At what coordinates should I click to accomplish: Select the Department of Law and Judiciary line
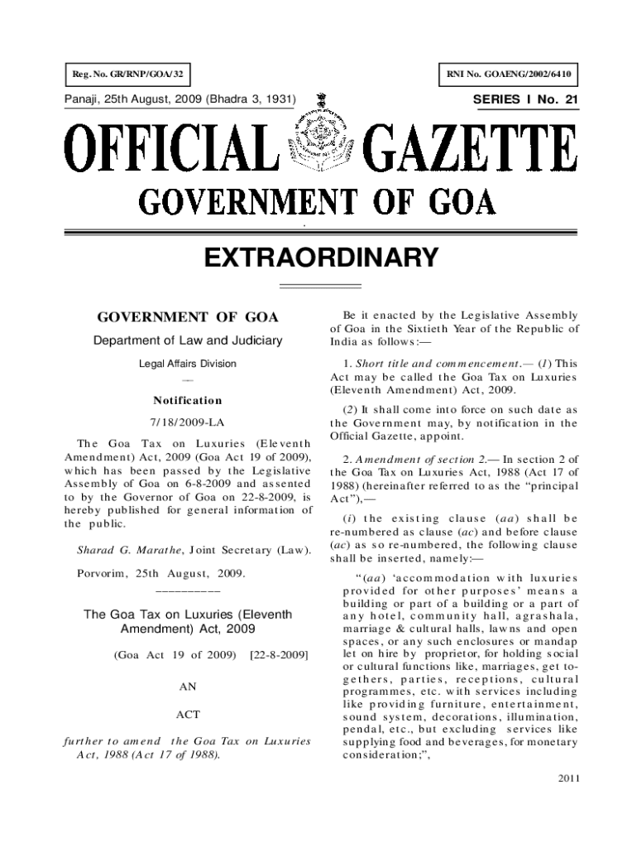[189, 340]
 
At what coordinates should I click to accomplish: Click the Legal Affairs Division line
[188, 364]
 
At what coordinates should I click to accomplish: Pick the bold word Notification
[189, 401]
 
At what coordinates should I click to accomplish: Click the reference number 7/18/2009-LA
[189, 421]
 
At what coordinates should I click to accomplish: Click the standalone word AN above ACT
[189, 687]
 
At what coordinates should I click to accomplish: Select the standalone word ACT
[189, 714]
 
